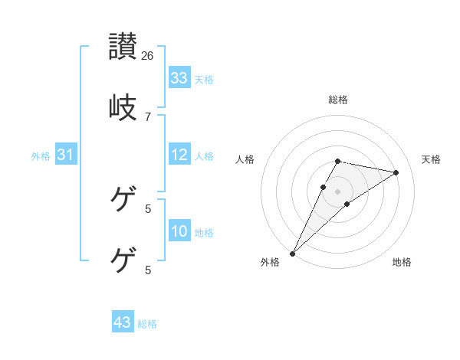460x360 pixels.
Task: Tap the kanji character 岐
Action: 123,107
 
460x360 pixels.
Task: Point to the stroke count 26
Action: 148,56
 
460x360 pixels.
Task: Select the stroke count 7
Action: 148,116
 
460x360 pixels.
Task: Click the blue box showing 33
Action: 179,78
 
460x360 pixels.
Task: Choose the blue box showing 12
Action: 179,155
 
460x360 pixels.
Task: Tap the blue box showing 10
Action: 179,231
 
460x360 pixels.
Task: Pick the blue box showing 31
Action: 66,155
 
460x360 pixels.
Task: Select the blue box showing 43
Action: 123,322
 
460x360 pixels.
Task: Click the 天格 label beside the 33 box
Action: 204,79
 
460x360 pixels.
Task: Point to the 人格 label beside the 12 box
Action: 204,155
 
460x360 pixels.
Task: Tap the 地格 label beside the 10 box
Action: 204,232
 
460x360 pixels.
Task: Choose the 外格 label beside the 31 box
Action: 41,155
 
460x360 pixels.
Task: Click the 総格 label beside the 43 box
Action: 147,323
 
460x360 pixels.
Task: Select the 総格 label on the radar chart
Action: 338,100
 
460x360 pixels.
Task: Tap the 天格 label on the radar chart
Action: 431,159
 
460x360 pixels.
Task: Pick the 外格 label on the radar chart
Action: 270,263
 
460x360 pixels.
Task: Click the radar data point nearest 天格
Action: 396,172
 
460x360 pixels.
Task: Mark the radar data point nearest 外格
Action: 292,254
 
